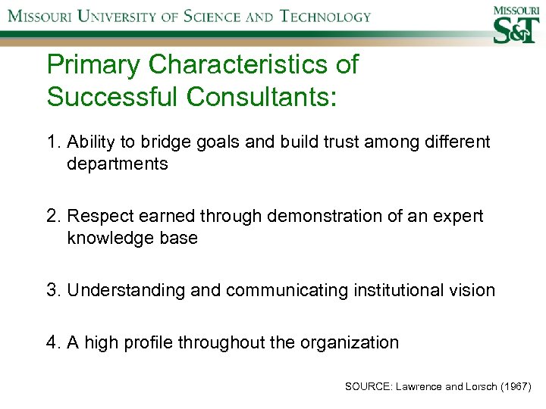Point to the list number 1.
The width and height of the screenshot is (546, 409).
[x=53, y=142]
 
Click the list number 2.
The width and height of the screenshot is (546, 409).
[x=54, y=217]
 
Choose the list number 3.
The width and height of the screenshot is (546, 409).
[x=54, y=290]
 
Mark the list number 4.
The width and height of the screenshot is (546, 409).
[x=54, y=342]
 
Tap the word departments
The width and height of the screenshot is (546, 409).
[x=118, y=164]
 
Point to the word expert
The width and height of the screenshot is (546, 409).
[x=457, y=217]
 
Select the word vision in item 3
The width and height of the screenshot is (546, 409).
[x=473, y=290]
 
